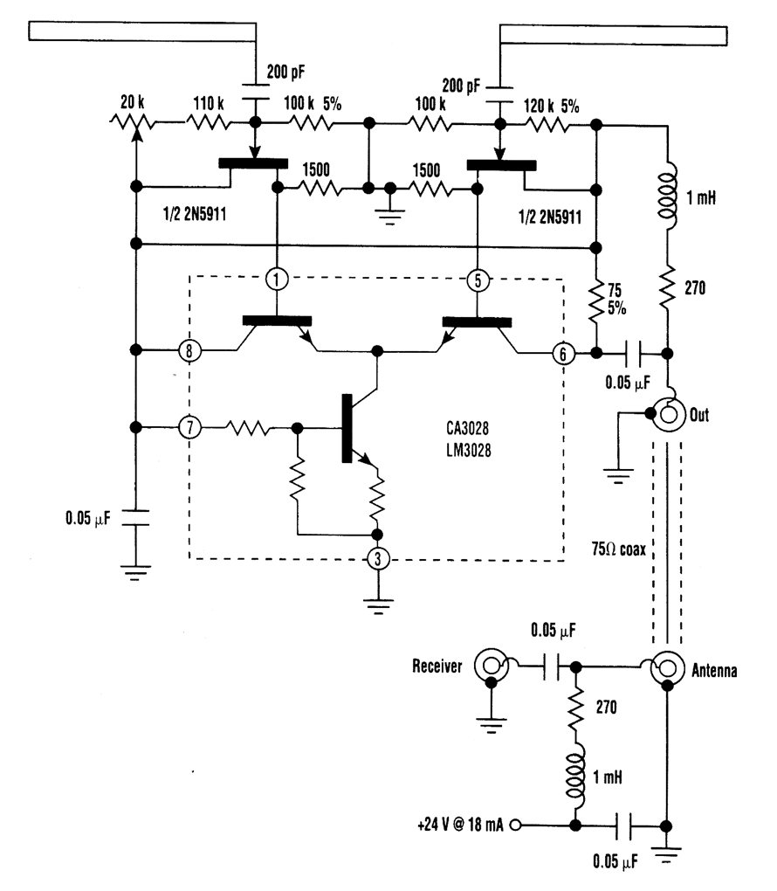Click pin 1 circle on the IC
coord(276,281)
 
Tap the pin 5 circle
coord(477,281)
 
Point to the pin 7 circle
coord(189,428)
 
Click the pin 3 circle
coord(376,559)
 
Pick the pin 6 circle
coord(564,353)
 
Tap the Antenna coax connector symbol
coord(667,670)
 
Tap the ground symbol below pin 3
coord(376,602)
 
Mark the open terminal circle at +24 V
coord(517,824)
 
